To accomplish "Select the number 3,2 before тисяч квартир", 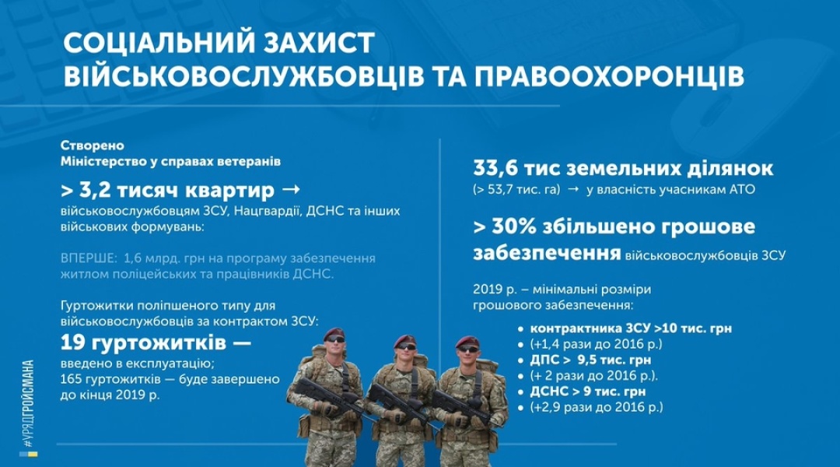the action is click(96, 190).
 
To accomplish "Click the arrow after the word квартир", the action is click(291, 189).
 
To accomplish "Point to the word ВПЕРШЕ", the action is click(88, 258).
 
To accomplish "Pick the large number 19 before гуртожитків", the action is click(72, 342).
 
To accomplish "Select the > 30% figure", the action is click(505, 226).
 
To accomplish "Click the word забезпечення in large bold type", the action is click(547, 254).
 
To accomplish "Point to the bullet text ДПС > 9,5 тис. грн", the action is click(590, 360).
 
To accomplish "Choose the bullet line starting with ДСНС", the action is click(588, 392).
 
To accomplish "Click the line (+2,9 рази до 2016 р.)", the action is click(597, 407).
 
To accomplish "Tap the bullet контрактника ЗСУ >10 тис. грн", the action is click(631, 328).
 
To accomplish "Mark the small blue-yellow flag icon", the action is click(29, 455).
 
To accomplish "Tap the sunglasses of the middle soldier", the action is click(406, 347).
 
